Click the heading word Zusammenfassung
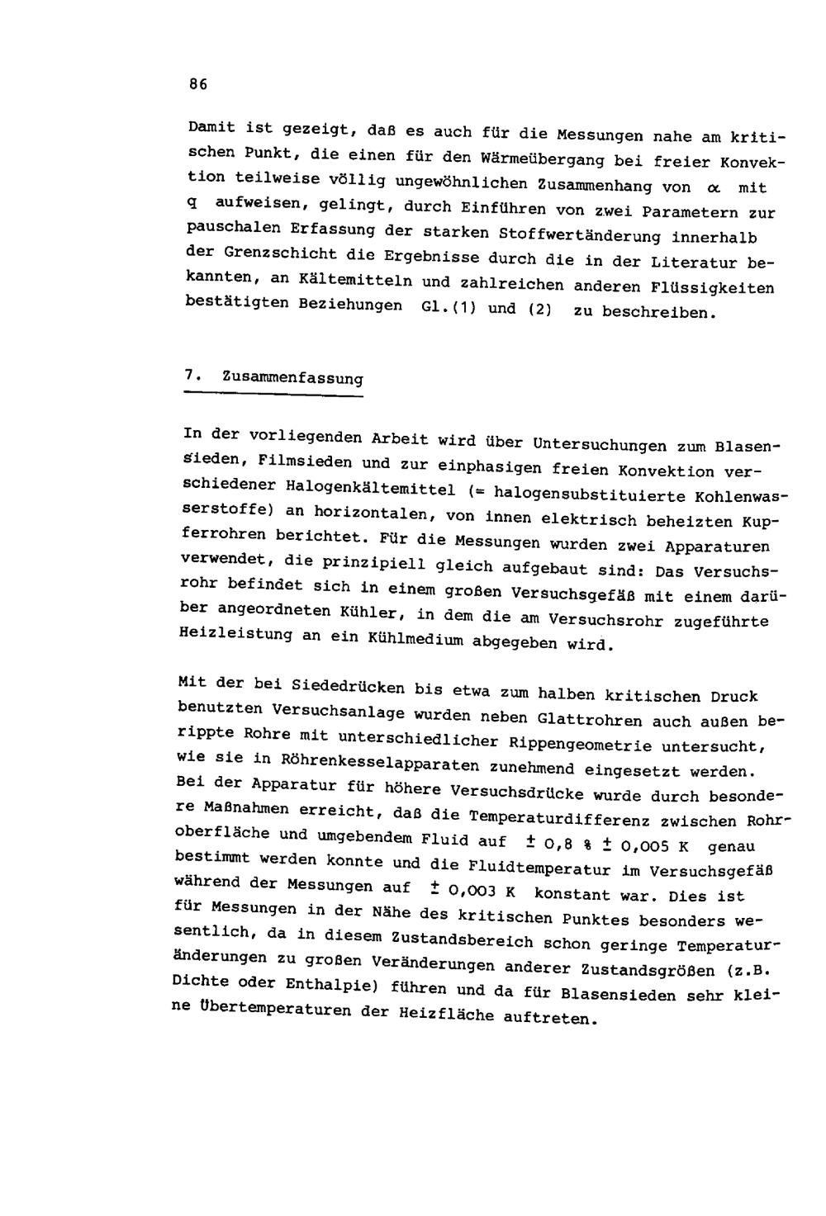(292, 378)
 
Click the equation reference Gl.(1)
(437, 309)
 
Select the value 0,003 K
(479, 892)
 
